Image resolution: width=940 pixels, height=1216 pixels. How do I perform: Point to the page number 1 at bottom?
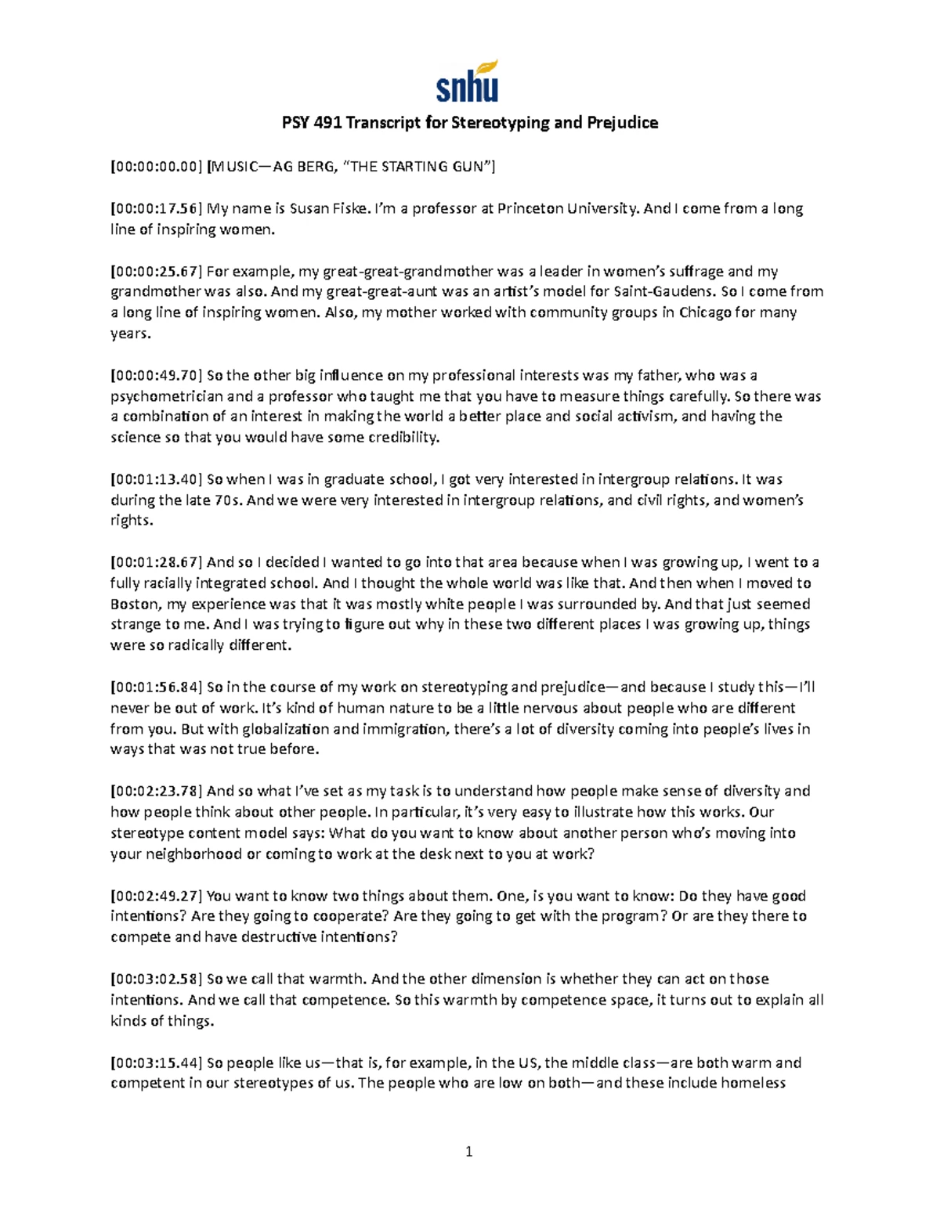pos(469,1151)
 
